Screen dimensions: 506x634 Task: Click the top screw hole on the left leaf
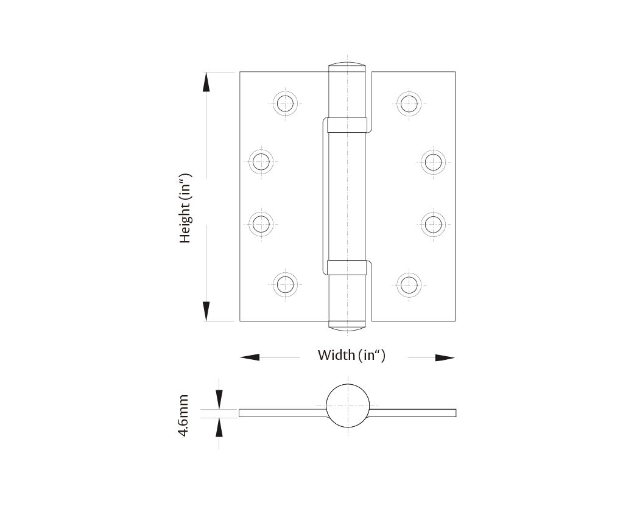[x=284, y=103]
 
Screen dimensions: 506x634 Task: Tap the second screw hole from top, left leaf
[x=261, y=162]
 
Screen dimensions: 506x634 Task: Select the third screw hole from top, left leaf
[x=261, y=223]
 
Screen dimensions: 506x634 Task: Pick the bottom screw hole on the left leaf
[x=284, y=284]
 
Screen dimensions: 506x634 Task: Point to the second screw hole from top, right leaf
[x=433, y=162]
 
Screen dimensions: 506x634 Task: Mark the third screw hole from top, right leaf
[x=433, y=223]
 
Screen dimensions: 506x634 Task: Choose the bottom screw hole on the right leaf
[x=409, y=284]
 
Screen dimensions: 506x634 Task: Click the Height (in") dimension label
[x=185, y=208]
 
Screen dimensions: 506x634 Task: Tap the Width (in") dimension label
[x=351, y=355]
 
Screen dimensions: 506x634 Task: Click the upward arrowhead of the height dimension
[x=207, y=82]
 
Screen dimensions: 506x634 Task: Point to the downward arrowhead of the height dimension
[x=207, y=311]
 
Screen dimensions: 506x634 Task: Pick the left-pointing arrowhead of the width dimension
[x=250, y=357]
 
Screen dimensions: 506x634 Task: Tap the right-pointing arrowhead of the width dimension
[x=445, y=357]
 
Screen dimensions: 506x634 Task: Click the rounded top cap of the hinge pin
[x=348, y=66]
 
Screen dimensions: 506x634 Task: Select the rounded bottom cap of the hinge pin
[x=348, y=327]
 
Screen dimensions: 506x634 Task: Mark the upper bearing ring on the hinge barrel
[x=347, y=124]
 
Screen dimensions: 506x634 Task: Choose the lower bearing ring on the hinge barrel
[x=347, y=267]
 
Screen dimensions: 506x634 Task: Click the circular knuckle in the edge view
[x=348, y=406]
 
